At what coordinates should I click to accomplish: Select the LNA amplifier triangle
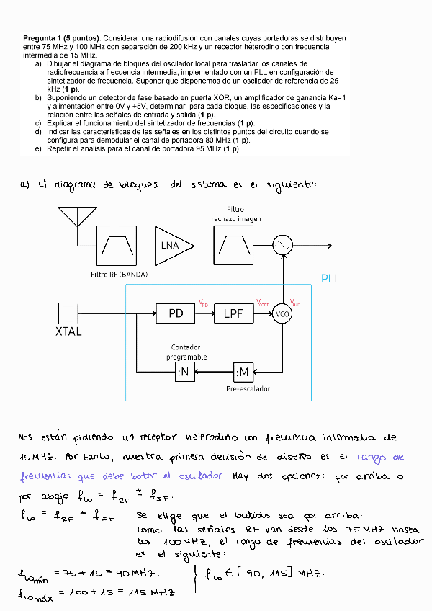(173, 245)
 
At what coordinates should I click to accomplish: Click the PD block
(176, 313)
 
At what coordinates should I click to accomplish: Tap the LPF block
(233, 313)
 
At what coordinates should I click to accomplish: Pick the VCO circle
(282, 313)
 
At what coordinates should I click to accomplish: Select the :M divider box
(243, 372)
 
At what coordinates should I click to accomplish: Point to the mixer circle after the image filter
(282, 245)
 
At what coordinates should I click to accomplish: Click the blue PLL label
(330, 279)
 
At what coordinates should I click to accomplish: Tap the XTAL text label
(68, 331)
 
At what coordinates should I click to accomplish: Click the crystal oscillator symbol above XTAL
(68, 313)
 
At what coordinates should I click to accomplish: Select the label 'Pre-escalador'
(248, 388)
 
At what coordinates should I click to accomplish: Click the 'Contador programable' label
(187, 352)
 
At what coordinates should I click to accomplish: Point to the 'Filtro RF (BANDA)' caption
(119, 274)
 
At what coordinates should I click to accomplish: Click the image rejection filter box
(232, 245)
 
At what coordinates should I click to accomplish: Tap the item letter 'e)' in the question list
(38, 148)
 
